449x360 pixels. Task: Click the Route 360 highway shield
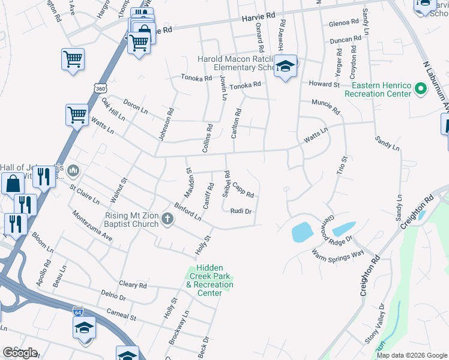(x=101, y=88)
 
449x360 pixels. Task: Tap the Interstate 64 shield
(x=78, y=312)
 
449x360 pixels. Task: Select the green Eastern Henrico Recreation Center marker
(x=421, y=89)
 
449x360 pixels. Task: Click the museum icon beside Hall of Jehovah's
(x=73, y=172)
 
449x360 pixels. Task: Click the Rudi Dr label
(x=240, y=211)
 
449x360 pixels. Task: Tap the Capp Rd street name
(x=243, y=190)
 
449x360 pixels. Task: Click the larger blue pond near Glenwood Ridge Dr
(x=301, y=232)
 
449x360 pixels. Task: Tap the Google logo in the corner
(x=20, y=353)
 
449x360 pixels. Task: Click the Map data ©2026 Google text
(x=411, y=355)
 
